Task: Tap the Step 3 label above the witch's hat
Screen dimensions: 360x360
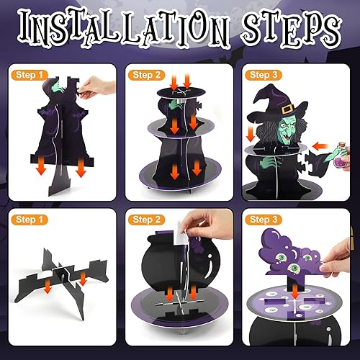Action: (265, 73)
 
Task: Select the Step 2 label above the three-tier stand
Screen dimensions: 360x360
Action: (147, 73)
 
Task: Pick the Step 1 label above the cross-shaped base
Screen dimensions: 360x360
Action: (30, 218)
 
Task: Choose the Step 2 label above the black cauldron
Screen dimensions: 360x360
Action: (147, 218)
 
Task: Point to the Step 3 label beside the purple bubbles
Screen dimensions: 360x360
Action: (265, 218)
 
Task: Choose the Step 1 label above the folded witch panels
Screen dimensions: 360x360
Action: (30, 73)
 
